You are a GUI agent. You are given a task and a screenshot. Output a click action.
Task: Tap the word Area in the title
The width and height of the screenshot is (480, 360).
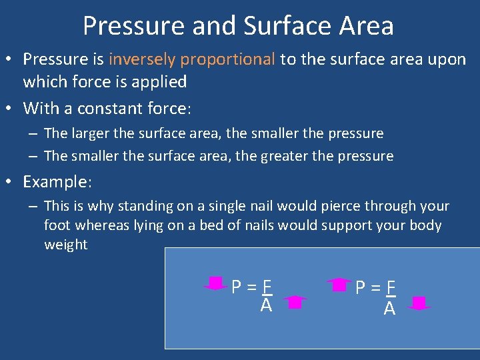point(365,26)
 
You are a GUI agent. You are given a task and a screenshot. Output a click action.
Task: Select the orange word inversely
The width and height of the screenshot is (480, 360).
point(142,59)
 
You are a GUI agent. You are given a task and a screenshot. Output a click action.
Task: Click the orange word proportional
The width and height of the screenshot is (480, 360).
point(227,59)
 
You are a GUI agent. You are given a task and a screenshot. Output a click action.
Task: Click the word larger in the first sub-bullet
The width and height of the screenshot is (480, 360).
point(90,133)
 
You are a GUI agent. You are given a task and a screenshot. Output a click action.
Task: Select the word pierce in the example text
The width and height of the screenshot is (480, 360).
point(329,206)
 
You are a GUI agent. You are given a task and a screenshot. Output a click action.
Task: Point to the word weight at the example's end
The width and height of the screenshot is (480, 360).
point(65,245)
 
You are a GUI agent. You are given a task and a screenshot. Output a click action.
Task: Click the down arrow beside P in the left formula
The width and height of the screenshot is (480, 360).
point(215,284)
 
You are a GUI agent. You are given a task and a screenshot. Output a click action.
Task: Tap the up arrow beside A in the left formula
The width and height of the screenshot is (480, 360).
point(294,303)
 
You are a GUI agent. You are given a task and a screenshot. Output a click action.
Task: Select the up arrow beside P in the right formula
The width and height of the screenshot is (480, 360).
point(340,285)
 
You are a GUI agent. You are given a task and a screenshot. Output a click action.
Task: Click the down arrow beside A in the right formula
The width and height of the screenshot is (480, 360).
point(418,304)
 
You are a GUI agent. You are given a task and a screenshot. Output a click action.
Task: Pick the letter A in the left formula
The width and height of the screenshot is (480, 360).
point(266,305)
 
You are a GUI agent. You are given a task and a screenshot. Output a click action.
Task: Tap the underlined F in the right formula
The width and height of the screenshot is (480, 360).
point(391,287)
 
